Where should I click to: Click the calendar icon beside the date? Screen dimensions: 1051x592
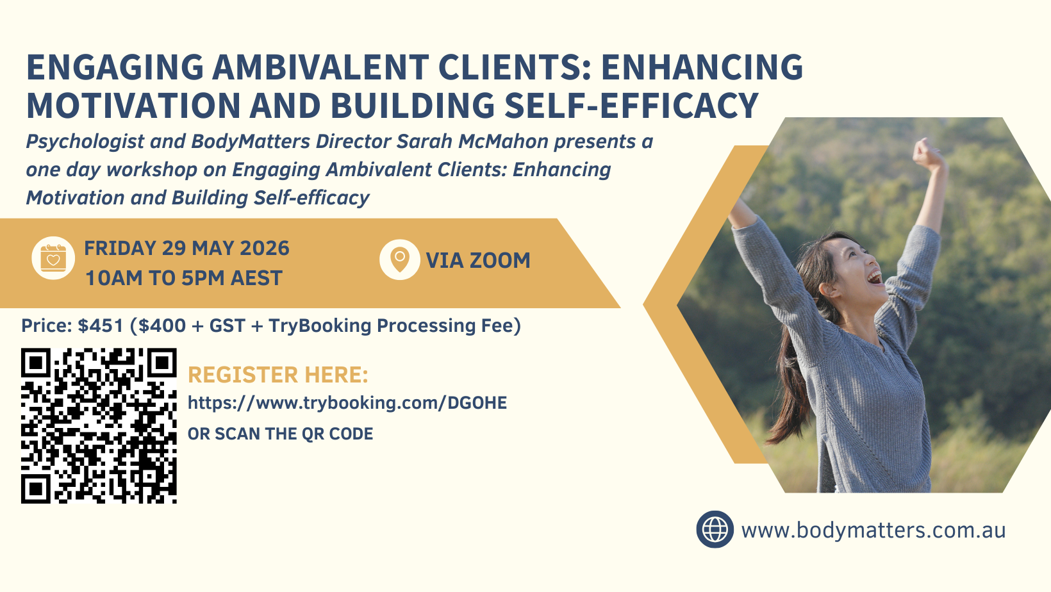tap(53, 258)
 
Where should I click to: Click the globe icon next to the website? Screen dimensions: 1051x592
tap(715, 529)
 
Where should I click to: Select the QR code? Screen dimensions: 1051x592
tap(99, 425)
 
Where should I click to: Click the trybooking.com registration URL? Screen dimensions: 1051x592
tap(347, 402)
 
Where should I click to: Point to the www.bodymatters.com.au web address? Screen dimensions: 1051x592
tap(873, 530)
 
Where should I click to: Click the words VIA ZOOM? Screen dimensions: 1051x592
tap(478, 260)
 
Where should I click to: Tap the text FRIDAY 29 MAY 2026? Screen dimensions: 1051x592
tap(186, 248)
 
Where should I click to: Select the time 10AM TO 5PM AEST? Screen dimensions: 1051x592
tap(184, 277)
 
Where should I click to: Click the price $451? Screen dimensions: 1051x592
tap(101, 325)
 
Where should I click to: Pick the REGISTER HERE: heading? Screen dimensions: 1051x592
tap(277, 375)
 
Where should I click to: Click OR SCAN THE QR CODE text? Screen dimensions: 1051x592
tap(281, 434)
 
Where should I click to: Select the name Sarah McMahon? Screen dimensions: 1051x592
tap(472, 141)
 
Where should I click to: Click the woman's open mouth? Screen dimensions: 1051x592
tap(874, 277)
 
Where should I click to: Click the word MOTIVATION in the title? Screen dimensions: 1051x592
tap(134, 106)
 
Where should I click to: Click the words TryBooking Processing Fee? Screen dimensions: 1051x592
tap(395, 325)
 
